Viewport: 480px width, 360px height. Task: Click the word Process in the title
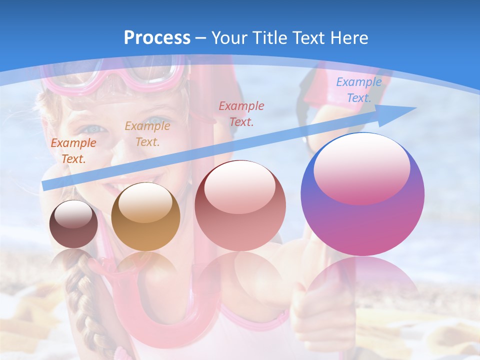pyautogui.click(x=157, y=38)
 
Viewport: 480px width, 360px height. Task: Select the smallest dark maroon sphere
pyautogui.click(x=73, y=224)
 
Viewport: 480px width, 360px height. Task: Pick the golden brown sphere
pyautogui.click(x=145, y=216)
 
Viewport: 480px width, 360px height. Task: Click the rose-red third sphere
pyautogui.click(x=240, y=205)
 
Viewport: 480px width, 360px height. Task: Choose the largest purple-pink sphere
pyautogui.click(x=362, y=194)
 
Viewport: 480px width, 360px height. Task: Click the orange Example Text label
pyautogui.click(x=73, y=150)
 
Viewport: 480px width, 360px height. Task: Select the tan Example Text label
pyautogui.click(x=147, y=133)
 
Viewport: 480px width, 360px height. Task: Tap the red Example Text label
pyautogui.click(x=241, y=113)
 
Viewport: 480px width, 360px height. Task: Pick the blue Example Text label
pyautogui.click(x=359, y=90)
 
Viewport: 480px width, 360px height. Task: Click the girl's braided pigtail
pyautogui.click(x=82, y=295)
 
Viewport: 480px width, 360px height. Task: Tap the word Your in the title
pyautogui.click(x=228, y=38)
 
